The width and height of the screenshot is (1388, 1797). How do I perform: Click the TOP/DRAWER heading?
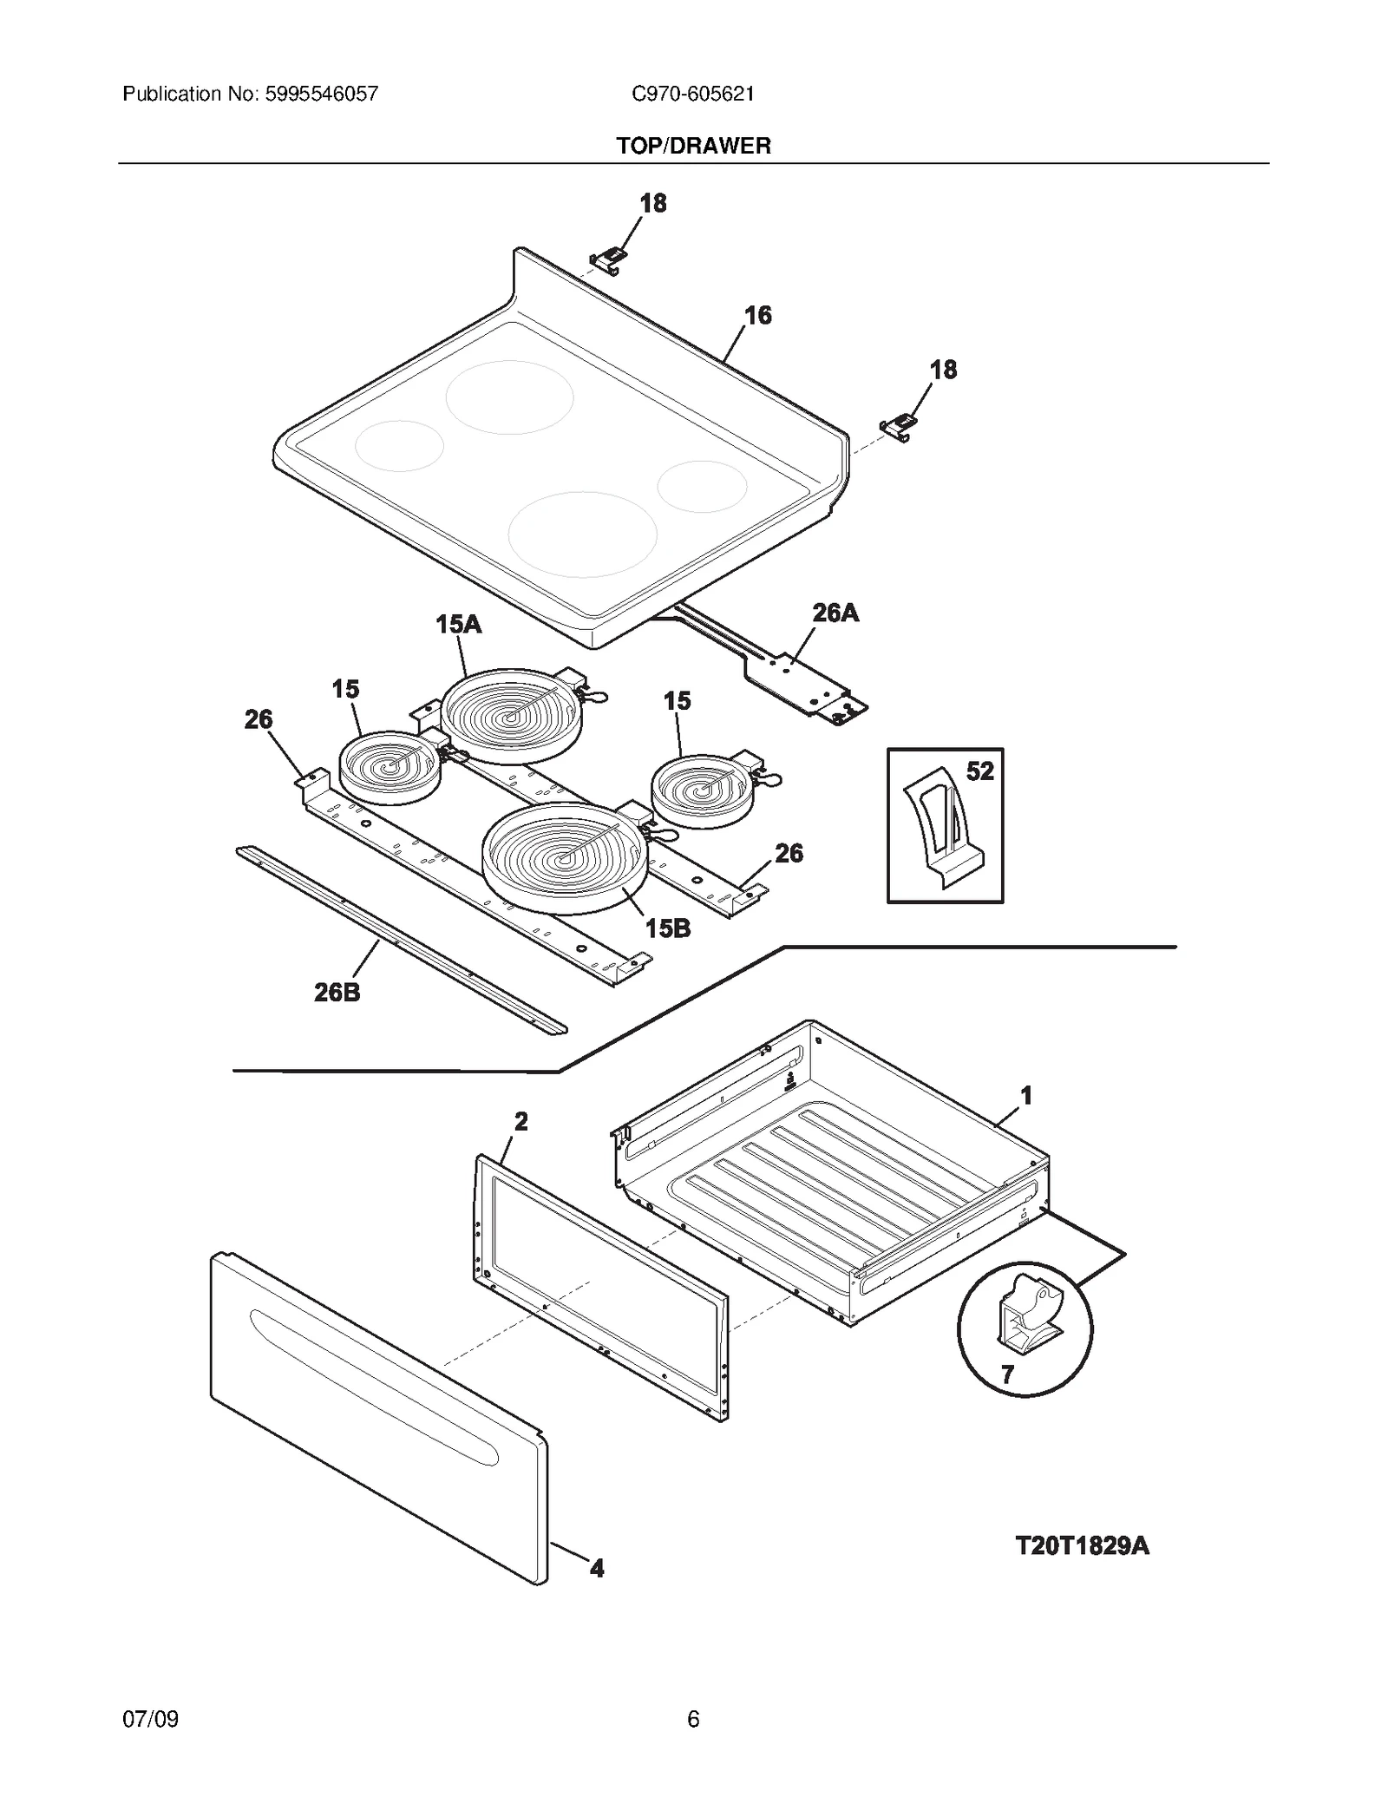click(693, 146)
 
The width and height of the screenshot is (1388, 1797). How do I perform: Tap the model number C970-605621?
click(692, 94)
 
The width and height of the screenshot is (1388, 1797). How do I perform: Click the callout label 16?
click(757, 315)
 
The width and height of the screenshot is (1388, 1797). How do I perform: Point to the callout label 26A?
click(835, 613)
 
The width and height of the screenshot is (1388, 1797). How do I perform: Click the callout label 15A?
click(458, 624)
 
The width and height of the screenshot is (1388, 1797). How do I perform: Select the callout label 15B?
click(667, 928)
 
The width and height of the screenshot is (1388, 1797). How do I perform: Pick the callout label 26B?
click(337, 992)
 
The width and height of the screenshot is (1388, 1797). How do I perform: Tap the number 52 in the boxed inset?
click(979, 771)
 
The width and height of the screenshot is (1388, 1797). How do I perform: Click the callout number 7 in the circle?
click(1007, 1374)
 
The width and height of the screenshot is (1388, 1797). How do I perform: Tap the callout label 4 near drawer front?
click(597, 1568)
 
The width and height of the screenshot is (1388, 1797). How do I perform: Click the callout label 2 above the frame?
click(520, 1121)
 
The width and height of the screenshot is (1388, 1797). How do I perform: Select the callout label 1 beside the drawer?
click(1025, 1096)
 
